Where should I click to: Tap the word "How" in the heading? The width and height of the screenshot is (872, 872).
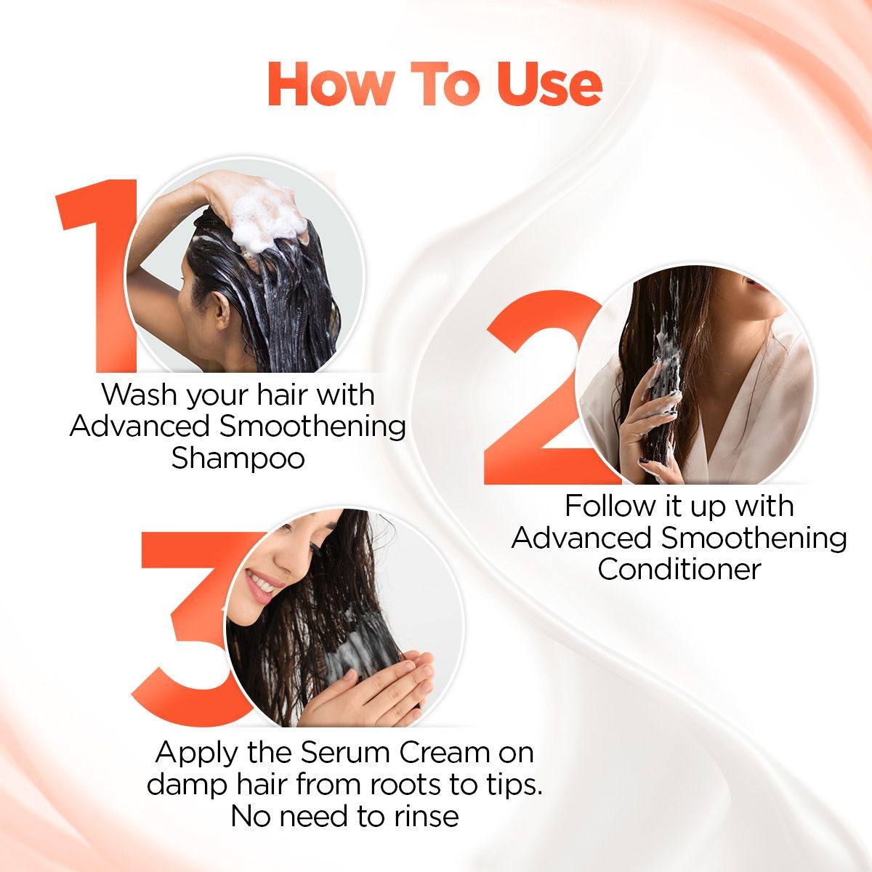(322, 86)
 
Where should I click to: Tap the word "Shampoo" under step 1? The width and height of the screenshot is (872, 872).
(238, 459)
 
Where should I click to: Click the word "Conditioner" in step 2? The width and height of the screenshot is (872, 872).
(679, 569)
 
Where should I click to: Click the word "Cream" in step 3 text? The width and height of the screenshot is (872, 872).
(437, 751)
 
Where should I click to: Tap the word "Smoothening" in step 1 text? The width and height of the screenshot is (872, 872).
(312, 427)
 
